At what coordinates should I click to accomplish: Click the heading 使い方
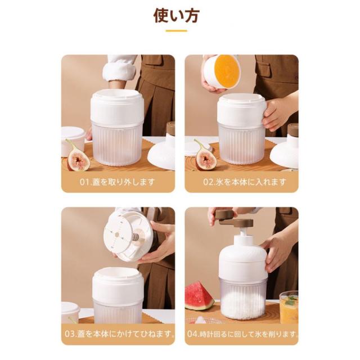tap(176, 16)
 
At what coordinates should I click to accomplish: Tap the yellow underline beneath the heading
tap(176, 31)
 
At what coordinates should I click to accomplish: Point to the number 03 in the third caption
tap(70, 334)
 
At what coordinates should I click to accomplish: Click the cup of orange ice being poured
tap(222, 71)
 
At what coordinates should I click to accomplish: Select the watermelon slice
tap(199, 296)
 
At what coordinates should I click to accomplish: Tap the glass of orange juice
tap(289, 307)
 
